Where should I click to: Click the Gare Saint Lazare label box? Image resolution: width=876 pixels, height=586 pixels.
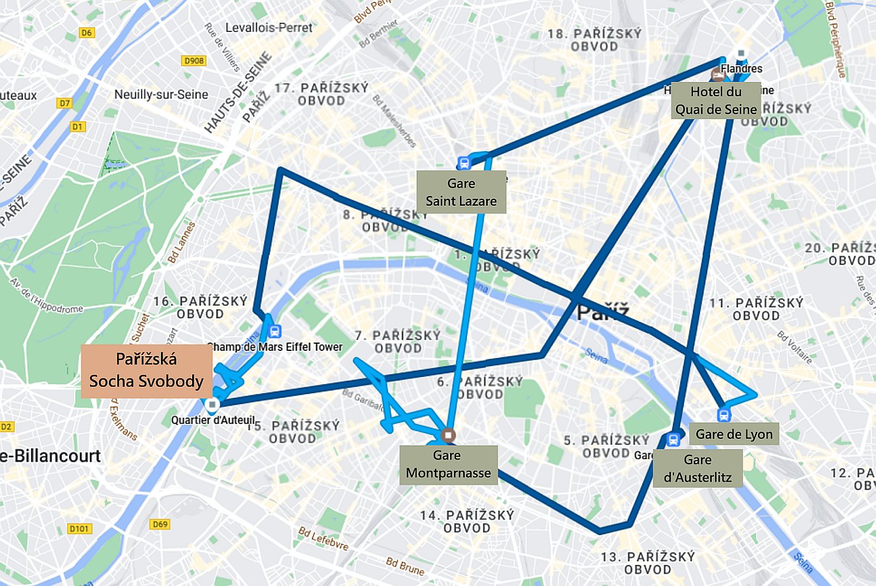click(x=461, y=192)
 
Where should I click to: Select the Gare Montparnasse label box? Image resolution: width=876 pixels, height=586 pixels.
click(x=448, y=465)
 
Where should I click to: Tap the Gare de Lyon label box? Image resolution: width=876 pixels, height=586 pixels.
click(x=734, y=434)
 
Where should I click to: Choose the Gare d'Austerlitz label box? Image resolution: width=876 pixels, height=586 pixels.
click(x=698, y=468)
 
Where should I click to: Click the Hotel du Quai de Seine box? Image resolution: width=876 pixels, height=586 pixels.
click(x=716, y=101)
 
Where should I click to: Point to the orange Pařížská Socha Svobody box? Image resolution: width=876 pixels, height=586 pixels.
click(x=147, y=370)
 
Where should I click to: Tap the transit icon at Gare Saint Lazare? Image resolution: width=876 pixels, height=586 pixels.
click(x=464, y=163)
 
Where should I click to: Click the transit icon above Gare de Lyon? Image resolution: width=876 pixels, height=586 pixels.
click(x=723, y=415)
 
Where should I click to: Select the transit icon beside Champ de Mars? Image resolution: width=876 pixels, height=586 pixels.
click(x=275, y=331)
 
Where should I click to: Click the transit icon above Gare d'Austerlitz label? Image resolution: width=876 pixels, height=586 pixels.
click(x=673, y=439)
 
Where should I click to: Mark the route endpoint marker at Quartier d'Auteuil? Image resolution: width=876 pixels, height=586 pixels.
click(x=212, y=405)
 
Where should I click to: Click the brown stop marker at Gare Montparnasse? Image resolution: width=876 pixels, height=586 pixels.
click(x=448, y=434)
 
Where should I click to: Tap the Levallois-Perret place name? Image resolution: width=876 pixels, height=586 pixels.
click(x=269, y=28)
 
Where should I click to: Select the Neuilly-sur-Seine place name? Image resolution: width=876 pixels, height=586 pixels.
click(x=161, y=94)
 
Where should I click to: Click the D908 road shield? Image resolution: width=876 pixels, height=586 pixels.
click(x=194, y=61)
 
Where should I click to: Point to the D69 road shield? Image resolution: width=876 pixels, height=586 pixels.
click(x=160, y=524)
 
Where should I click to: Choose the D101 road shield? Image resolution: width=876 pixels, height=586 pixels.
click(x=79, y=529)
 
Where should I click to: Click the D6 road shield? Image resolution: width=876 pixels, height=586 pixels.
click(x=86, y=33)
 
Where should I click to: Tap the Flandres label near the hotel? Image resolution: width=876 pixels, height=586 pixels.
click(x=741, y=68)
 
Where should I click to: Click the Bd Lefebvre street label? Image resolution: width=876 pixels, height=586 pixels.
click(x=324, y=539)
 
